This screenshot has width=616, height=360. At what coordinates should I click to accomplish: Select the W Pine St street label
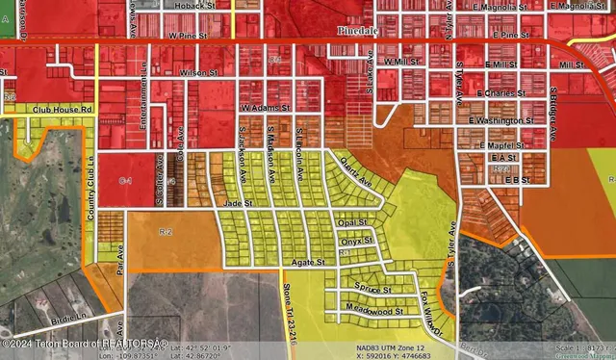click(x=189, y=36)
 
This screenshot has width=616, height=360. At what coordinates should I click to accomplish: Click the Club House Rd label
click(x=60, y=110)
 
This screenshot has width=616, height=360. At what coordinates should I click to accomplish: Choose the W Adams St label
click(x=265, y=108)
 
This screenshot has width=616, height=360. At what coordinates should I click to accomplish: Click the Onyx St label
click(x=355, y=241)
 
